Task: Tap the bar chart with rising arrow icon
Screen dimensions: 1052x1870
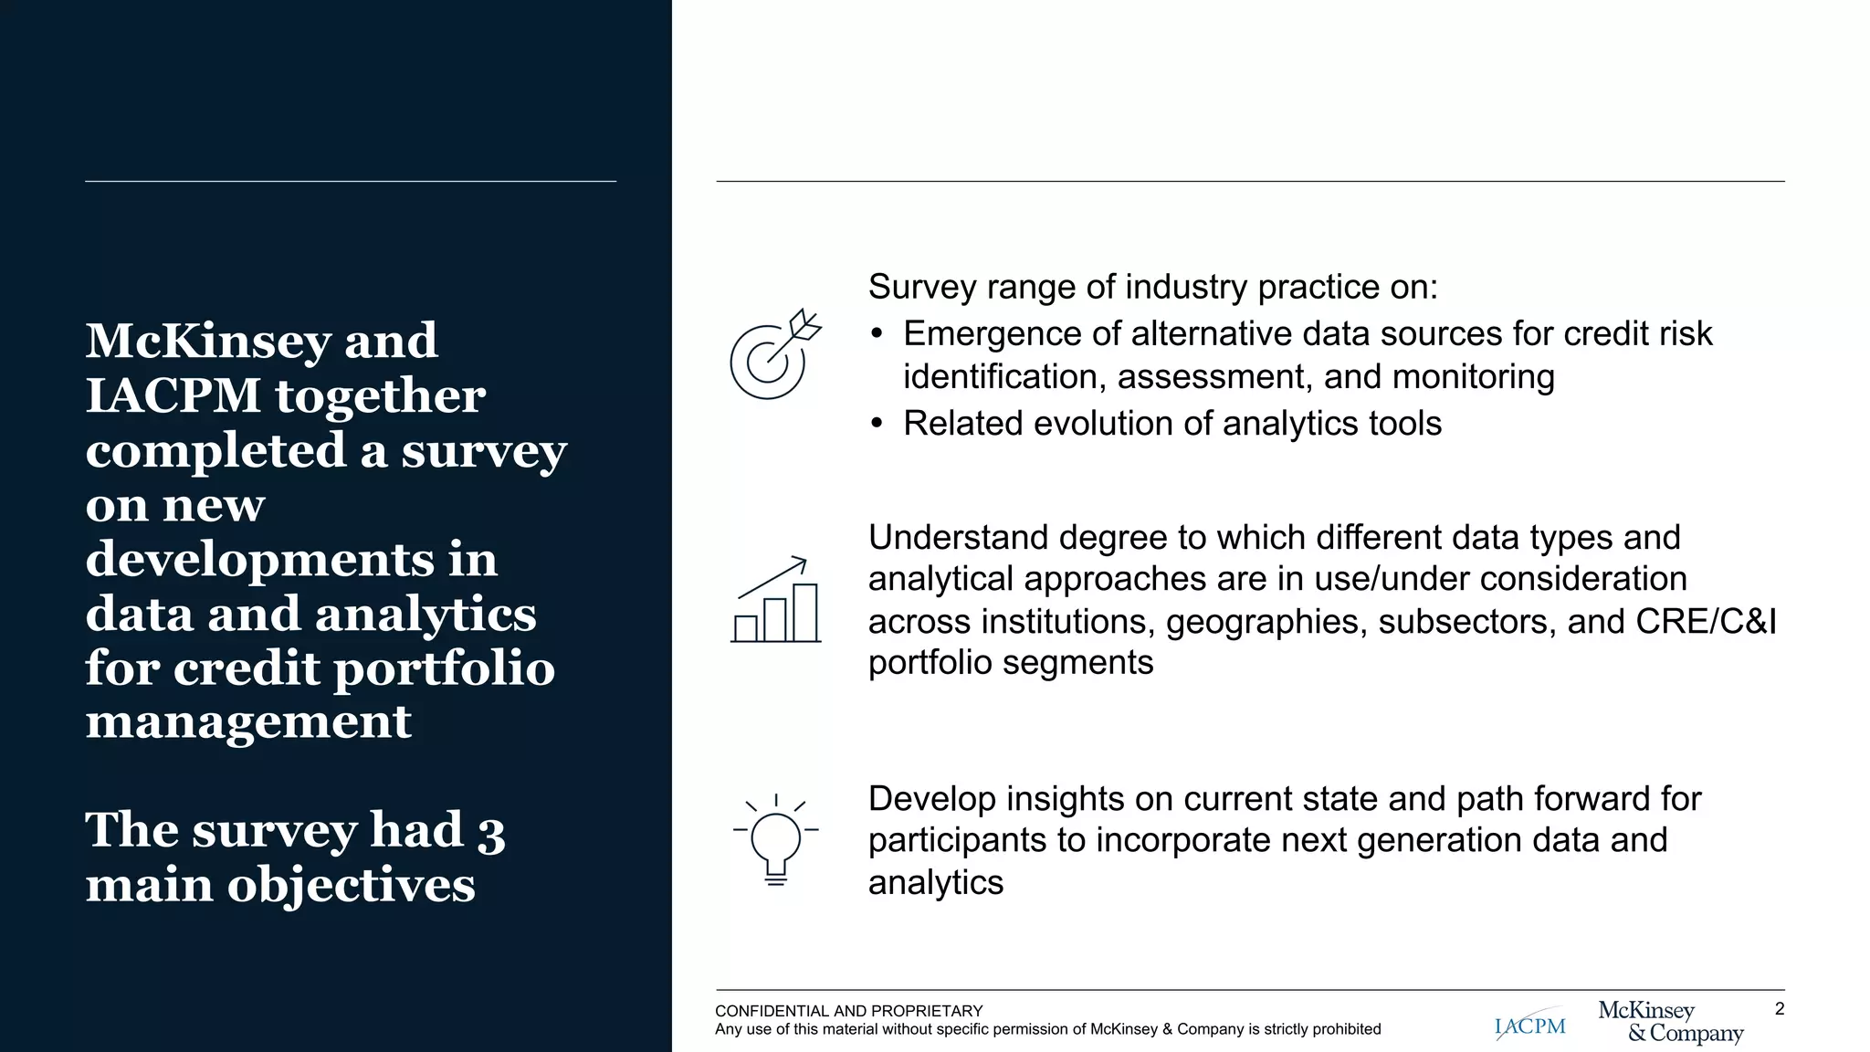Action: pos(776,600)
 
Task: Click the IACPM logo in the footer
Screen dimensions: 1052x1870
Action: pos(1530,1026)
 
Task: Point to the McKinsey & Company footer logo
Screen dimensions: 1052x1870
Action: pos(1670,1022)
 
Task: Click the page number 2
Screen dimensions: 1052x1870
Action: pos(1779,1009)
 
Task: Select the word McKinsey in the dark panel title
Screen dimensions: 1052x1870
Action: pos(208,342)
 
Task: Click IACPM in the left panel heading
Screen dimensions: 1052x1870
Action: pos(173,396)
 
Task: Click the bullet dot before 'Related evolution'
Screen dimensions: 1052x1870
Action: pos(877,424)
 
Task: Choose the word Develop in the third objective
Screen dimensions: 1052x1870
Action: pos(931,799)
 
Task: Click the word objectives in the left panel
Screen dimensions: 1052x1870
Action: pos(351,886)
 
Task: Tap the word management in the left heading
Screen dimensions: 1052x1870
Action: pos(248,722)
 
